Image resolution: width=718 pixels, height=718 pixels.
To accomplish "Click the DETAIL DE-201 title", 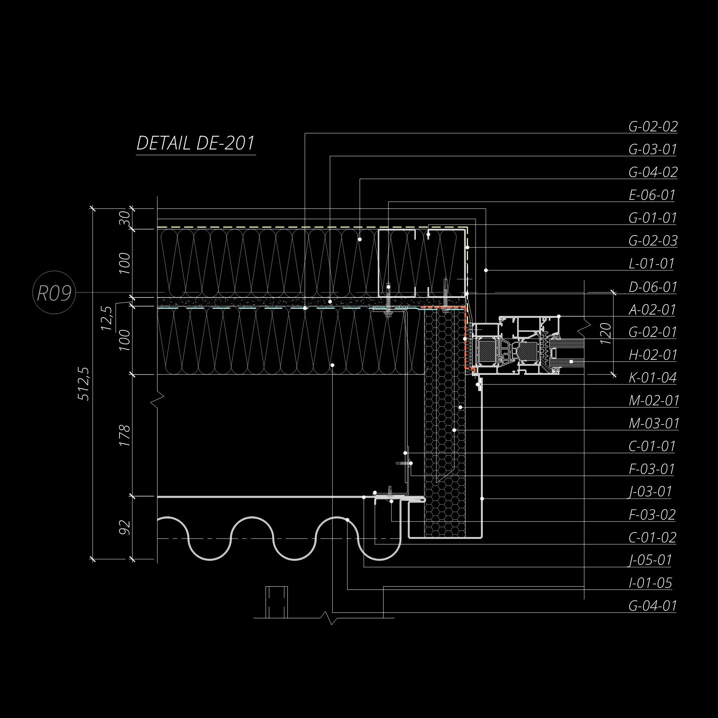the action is click(195, 143).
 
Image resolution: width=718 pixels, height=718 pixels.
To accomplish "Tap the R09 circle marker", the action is click(54, 292).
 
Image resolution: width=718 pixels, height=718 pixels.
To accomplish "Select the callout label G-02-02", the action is click(653, 127).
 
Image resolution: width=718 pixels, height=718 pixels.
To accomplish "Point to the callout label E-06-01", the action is click(652, 195).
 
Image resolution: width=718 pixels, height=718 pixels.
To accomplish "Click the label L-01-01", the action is click(651, 263).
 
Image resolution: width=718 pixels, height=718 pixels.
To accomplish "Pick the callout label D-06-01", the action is click(652, 287).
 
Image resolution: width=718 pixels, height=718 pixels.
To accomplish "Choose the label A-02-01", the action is click(652, 309).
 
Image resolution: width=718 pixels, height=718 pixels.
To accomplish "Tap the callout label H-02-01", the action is click(653, 355).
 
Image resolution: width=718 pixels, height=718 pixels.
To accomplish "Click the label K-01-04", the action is click(652, 378).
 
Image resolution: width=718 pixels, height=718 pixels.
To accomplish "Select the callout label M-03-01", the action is click(654, 423).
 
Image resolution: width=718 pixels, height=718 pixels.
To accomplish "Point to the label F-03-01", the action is click(651, 469).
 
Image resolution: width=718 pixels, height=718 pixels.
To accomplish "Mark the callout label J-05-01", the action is click(650, 560).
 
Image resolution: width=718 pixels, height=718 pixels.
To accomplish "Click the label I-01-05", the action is click(650, 583).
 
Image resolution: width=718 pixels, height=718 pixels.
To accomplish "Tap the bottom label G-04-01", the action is click(652, 606).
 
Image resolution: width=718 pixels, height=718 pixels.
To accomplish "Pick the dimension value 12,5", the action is click(107, 318).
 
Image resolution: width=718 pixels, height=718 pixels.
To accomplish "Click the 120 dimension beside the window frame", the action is click(605, 333).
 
